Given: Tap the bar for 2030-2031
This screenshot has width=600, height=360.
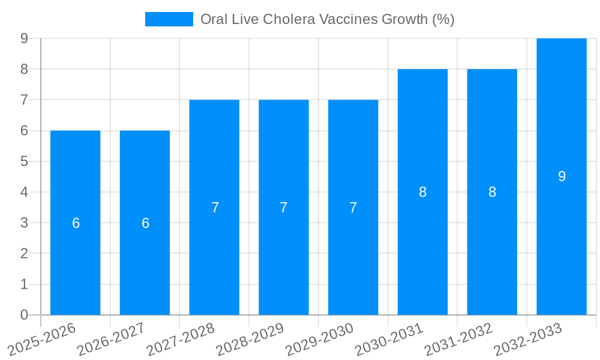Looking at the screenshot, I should tap(422, 252).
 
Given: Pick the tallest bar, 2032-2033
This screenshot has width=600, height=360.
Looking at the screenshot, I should tap(562, 240).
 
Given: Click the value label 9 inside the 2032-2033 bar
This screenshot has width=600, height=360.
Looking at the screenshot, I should tap(562, 176).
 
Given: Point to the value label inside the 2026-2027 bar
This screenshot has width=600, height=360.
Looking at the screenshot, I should tap(145, 223).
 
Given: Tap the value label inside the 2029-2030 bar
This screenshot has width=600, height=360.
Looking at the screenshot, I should tap(353, 208).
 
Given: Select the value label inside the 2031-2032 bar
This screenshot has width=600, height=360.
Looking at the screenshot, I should tap(492, 192).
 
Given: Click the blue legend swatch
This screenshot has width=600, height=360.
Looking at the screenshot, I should tap(169, 19).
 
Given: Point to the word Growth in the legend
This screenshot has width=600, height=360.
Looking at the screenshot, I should tap(404, 19).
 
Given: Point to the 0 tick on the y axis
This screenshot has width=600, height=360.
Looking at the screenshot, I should tap(24, 315).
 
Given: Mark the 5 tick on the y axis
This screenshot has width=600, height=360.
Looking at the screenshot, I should tap(24, 161).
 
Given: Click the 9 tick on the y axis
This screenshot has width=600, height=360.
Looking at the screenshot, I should tap(24, 38).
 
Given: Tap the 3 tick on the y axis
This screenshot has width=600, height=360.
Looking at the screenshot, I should tap(24, 223).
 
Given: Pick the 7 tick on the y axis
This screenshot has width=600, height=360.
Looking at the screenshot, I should tap(24, 100).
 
